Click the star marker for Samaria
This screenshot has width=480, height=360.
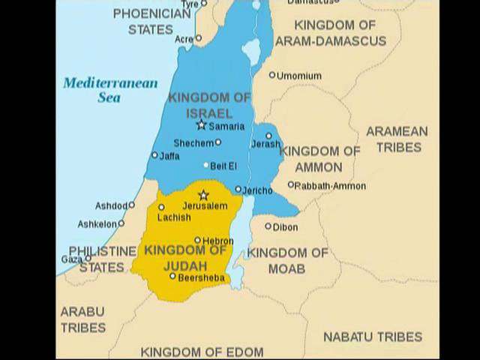(x=200, y=124)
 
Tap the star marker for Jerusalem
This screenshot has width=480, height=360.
(x=202, y=195)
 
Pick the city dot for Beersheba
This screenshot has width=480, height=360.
(x=172, y=276)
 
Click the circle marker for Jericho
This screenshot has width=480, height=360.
(x=238, y=190)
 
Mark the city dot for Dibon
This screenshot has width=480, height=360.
(x=268, y=226)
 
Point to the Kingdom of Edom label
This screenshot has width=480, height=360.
(x=202, y=351)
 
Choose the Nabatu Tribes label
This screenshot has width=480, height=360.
(x=372, y=337)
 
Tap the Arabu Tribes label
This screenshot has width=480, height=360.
(x=82, y=319)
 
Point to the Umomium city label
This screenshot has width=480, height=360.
(x=299, y=76)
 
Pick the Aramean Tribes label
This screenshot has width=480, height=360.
(x=397, y=139)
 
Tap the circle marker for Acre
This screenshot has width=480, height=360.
(x=198, y=37)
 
